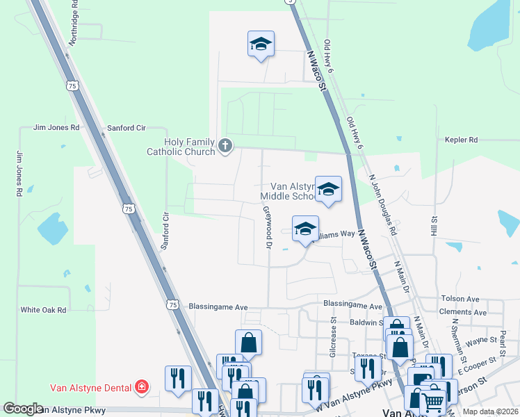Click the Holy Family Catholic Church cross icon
pos(225,145)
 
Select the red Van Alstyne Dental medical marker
pos(142,386)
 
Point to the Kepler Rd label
pos(462,140)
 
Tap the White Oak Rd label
pos(43,310)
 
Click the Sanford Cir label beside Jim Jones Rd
pos(126,129)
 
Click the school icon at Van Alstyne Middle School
pos(328,189)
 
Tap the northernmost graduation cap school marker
pos(261,44)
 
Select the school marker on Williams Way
pos(305,229)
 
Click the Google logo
pos(24,409)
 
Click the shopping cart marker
pos(432,401)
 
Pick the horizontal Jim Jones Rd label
pos(57,129)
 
